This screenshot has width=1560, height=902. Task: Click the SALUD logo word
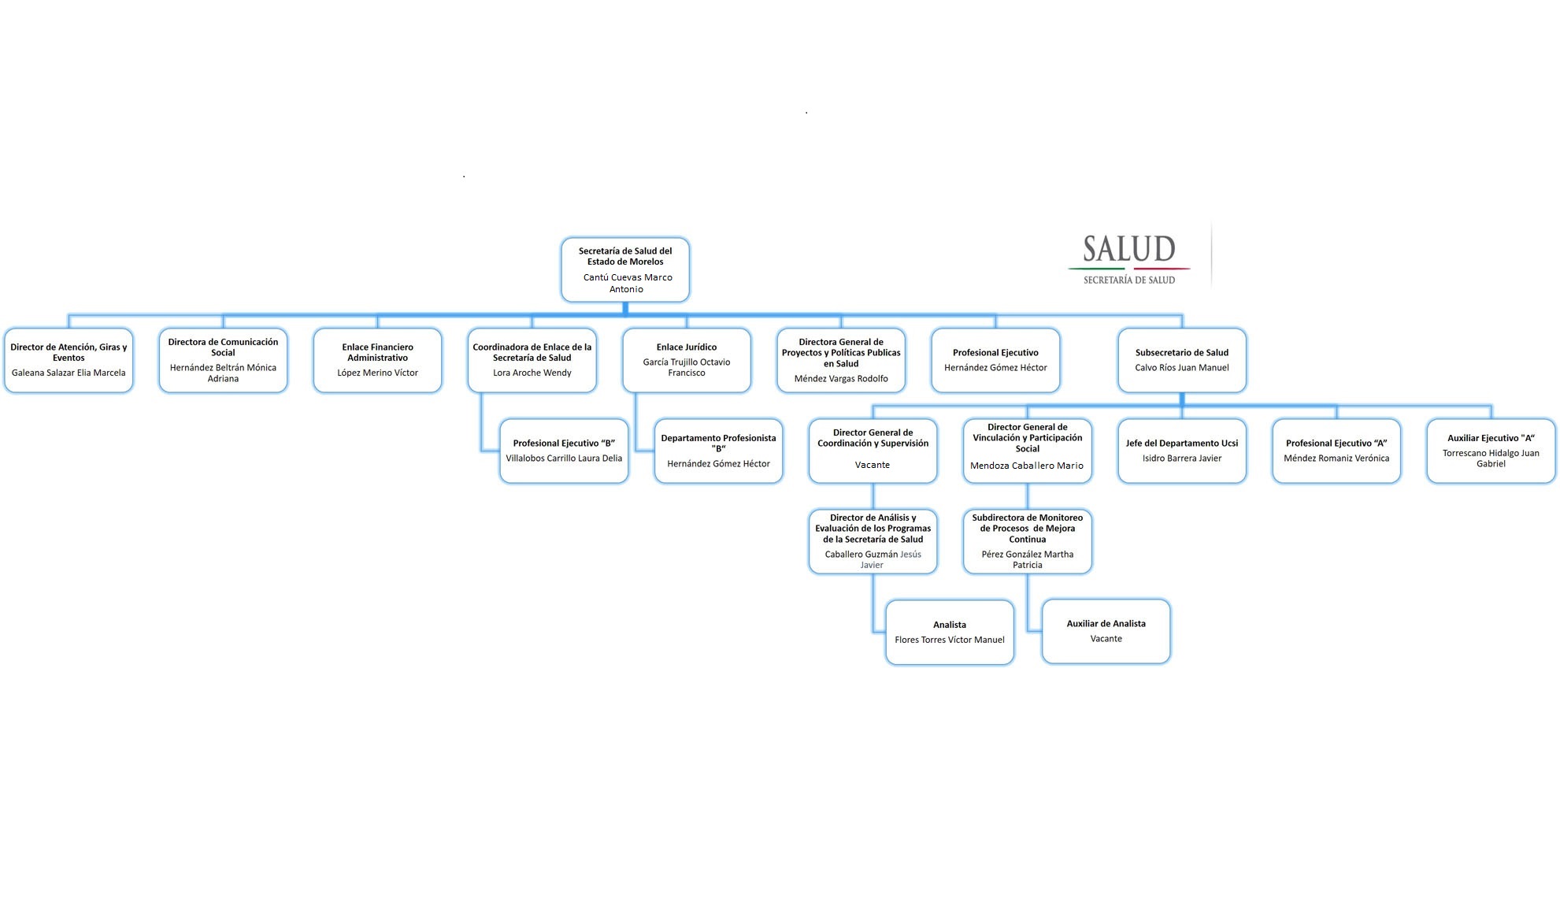click(1128, 249)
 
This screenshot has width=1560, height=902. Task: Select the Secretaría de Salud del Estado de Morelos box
click(625, 269)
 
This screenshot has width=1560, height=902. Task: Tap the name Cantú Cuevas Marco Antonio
click(627, 283)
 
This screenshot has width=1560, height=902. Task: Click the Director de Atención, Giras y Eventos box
click(69, 360)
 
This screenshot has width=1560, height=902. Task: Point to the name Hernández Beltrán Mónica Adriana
click(223, 373)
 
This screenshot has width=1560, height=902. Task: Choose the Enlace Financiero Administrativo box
click(377, 360)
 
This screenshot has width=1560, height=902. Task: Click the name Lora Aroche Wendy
click(532, 373)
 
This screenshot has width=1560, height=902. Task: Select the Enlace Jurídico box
click(687, 360)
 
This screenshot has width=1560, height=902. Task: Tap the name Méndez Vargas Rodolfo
click(841, 378)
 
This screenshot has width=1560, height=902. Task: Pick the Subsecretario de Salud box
click(1181, 360)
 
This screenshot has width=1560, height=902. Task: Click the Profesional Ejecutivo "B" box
click(564, 451)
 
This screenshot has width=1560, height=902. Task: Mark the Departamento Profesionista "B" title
click(718, 443)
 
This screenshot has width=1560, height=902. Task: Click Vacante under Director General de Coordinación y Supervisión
click(873, 465)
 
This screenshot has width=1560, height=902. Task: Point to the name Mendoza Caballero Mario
click(1027, 466)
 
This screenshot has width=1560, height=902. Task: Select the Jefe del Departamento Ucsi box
click(1181, 451)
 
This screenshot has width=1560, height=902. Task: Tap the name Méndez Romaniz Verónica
click(1336, 458)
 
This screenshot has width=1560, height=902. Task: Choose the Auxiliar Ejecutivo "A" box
click(1491, 451)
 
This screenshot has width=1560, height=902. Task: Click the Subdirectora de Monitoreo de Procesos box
click(1027, 541)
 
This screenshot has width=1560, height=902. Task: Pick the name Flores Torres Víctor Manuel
click(949, 640)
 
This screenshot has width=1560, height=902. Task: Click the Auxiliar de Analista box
click(1106, 631)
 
